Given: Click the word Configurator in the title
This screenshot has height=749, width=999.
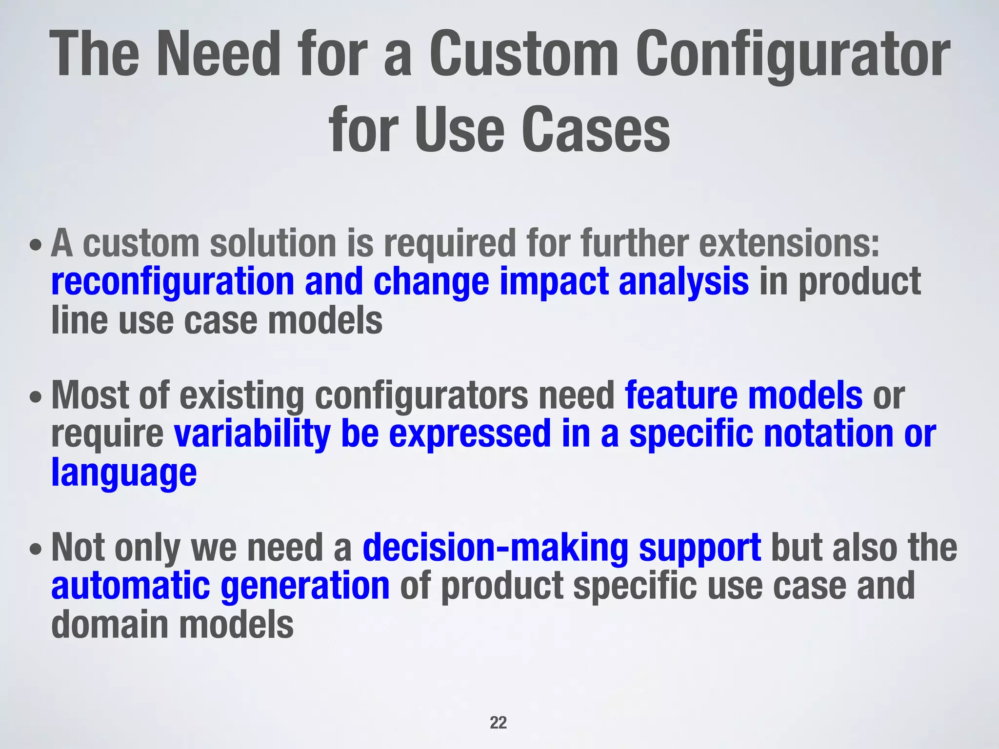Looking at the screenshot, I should (793, 55).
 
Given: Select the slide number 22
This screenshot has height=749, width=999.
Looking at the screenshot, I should (498, 723).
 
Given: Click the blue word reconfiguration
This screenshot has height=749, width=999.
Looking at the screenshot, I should (172, 282).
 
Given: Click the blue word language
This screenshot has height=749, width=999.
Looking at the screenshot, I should (124, 473).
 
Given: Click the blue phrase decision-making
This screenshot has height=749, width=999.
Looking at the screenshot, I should (495, 548).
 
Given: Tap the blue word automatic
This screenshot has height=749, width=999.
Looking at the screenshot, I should (130, 586).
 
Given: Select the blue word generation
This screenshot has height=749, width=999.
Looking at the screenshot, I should (305, 587).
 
